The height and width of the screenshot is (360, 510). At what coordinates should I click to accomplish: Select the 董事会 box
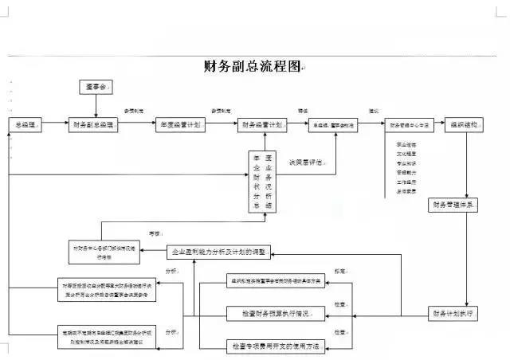click(96, 86)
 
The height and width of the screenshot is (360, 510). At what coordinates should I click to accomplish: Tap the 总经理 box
click(25, 125)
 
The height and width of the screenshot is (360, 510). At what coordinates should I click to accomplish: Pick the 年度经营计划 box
click(180, 125)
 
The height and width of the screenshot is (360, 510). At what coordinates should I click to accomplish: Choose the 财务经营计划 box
click(261, 125)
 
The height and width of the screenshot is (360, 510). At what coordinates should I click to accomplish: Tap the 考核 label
click(156, 234)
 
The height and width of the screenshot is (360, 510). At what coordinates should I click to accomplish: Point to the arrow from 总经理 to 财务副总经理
click(55, 125)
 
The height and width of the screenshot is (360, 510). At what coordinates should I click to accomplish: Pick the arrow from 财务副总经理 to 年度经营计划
click(139, 125)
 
